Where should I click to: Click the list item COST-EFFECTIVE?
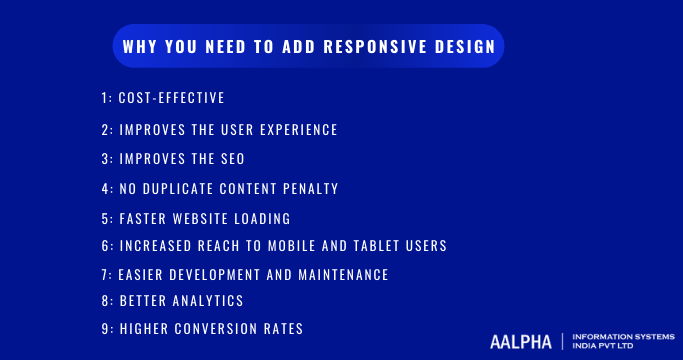(171, 98)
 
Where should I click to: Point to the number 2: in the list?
(107, 130)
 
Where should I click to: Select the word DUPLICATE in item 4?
(188, 188)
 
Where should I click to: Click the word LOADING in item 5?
(262, 218)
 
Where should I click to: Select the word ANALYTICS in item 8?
(209, 300)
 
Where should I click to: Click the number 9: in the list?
(107, 329)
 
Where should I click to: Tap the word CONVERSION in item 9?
(219, 329)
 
